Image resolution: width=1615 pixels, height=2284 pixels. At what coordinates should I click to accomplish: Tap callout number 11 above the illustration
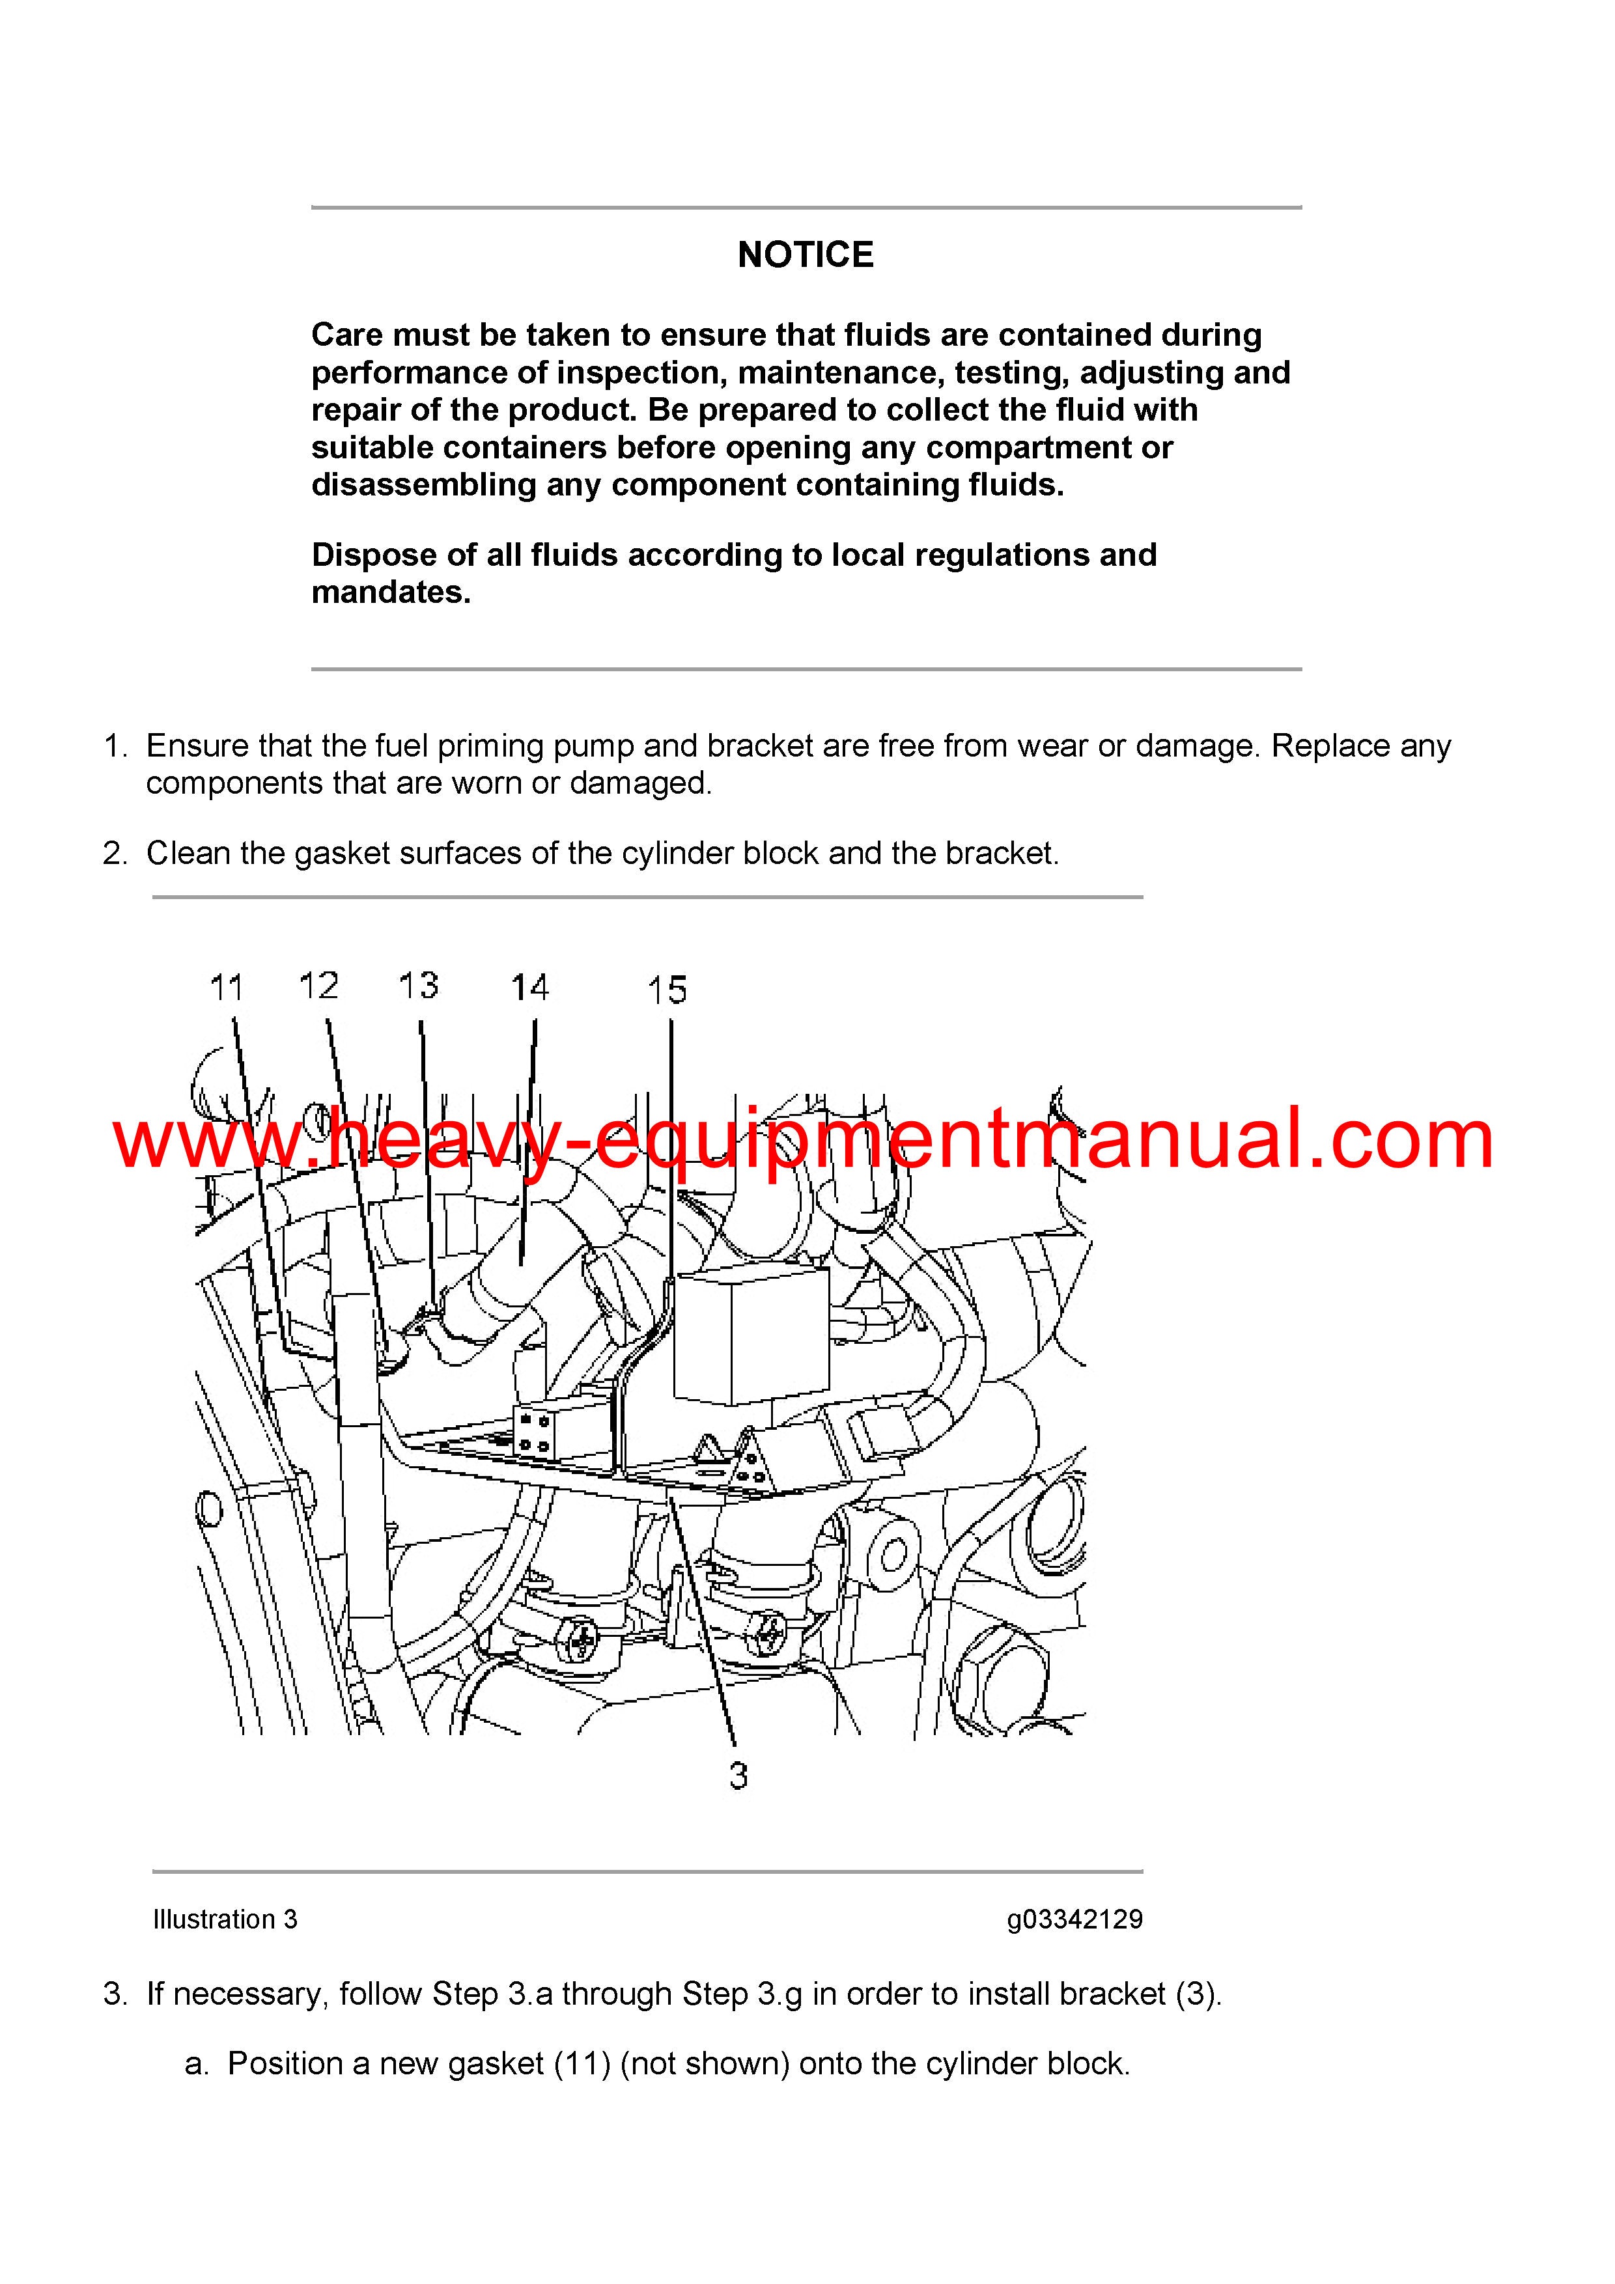pyautogui.click(x=227, y=988)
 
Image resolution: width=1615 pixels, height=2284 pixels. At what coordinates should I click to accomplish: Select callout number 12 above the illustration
pyautogui.click(x=318, y=986)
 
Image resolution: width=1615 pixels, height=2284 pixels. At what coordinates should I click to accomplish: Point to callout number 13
pyautogui.click(x=418, y=986)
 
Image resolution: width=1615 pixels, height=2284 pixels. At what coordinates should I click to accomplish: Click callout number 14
pyautogui.click(x=529, y=988)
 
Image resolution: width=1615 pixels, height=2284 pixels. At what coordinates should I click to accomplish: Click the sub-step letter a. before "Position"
pyautogui.click(x=197, y=2064)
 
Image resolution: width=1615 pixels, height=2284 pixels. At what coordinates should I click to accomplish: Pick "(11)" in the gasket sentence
pyautogui.click(x=582, y=2064)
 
